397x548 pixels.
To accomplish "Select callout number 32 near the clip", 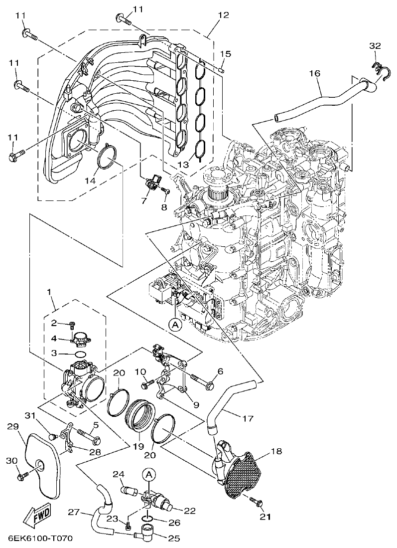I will [x=375, y=46].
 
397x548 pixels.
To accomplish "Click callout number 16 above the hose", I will [x=314, y=73].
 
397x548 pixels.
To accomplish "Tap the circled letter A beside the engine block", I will [x=175, y=325].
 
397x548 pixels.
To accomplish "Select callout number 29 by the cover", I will [x=13, y=426].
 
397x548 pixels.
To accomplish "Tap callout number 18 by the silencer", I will [x=276, y=452].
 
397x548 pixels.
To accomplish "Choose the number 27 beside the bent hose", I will [x=73, y=512].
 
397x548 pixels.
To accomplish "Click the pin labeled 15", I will [x=221, y=70].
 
